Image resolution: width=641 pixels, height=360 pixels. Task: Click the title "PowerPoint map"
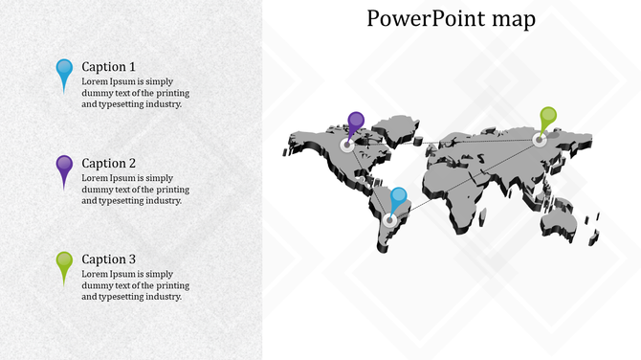[x=451, y=19]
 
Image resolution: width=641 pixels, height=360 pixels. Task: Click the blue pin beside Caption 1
[x=64, y=70]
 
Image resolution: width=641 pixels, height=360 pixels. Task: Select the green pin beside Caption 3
[x=64, y=262]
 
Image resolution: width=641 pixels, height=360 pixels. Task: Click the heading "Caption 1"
[x=108, y=67]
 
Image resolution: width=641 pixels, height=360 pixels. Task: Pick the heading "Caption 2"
[x=108, y=164]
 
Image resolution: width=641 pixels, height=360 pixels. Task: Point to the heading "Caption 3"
[x=108, y=259]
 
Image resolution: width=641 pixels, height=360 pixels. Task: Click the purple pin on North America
[x=356, y=122]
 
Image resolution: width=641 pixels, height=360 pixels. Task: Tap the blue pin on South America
[x=398, y=197]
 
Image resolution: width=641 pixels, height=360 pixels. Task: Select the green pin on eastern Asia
[x=547, y=117]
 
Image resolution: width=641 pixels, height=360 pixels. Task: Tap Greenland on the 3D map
[x=395, y=126]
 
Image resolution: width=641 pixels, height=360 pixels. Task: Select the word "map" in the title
[x=517, y=20]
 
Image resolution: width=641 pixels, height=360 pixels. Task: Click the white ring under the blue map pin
[x=389, y=220]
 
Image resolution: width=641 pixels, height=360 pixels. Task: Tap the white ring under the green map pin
[x=540, y=140]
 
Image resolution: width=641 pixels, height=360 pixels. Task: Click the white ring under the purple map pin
[x=346, y=146]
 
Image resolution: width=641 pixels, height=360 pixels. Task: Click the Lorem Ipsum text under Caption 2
[x=135, y=189]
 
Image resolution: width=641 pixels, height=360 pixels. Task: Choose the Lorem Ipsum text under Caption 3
[x=135, y=285]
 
